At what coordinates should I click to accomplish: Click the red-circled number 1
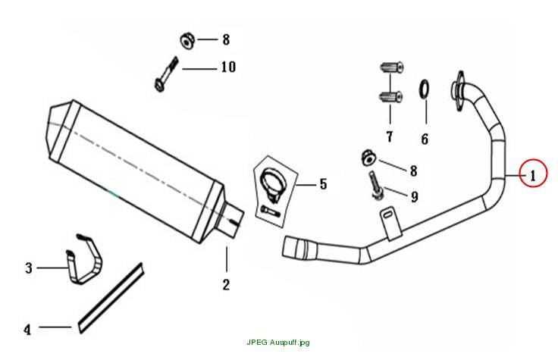[533, 176]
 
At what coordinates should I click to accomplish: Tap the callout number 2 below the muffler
[226, 284]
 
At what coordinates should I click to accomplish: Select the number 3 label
[29, 268]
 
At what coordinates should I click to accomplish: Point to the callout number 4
[27, 330]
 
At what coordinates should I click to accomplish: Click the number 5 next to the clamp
[323, 184]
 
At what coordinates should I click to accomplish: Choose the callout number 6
[425, 139]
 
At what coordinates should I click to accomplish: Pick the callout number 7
[390, 136]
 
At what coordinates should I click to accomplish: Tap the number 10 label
[228, 67]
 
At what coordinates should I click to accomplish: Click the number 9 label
[414, 197]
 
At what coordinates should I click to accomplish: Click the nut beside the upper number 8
[187, 41]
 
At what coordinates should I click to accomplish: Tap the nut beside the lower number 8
[368, 158]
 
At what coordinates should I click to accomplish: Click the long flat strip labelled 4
[111, 298]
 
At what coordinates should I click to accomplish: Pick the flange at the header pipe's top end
[458, 91]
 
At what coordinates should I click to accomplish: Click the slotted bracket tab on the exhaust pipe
[390, 224]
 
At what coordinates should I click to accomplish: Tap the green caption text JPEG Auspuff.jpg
[278, 343]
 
